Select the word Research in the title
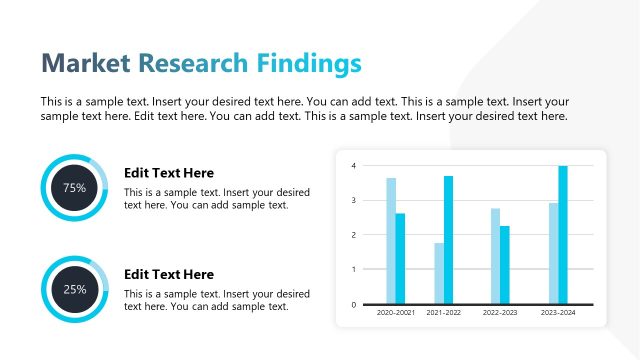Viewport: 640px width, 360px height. [192, 63]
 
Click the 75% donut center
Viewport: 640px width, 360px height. [74, 187]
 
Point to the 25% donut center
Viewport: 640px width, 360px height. [74, 289]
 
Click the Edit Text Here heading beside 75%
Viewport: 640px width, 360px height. [168, 173]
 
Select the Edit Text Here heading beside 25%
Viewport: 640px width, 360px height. [168, 274]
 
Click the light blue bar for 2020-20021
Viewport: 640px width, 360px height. [391, 241]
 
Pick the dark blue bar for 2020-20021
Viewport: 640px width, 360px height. [400, 258]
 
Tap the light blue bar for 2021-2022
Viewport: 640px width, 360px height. [439, 273]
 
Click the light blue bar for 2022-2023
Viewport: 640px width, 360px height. [495, 256]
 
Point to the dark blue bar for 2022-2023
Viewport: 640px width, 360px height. [505, 265]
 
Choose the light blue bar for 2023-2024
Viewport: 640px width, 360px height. [553, 253]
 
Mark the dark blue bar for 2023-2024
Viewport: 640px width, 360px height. [563, 235]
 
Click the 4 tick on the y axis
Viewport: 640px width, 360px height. [353, 165]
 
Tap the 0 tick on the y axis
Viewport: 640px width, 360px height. [353, 304]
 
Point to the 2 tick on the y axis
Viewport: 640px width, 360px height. [353, 235]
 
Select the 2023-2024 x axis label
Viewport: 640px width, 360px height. [558, 314]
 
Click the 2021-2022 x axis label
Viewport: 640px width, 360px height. [444, 314]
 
